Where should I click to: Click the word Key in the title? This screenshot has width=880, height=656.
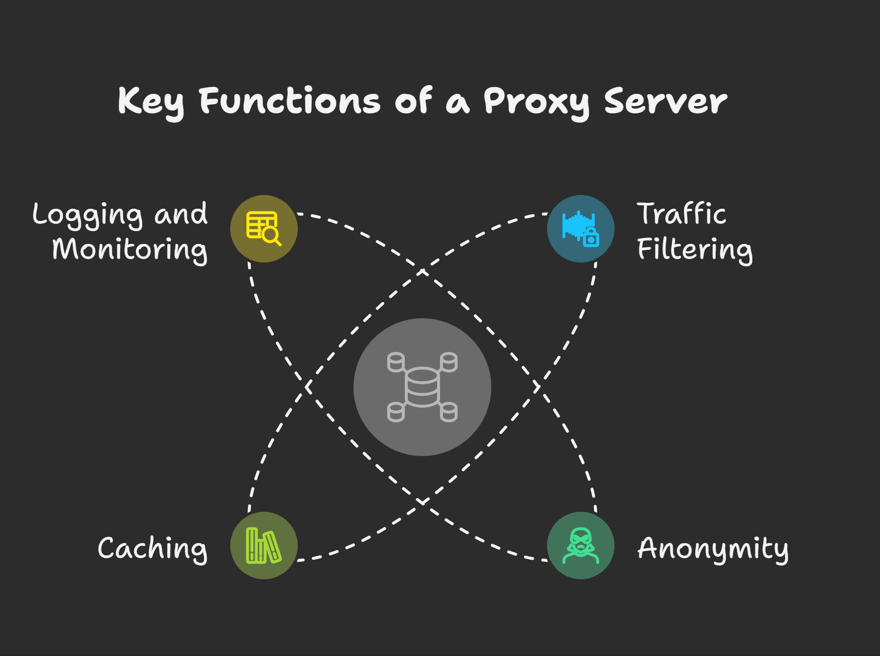coord(151,102)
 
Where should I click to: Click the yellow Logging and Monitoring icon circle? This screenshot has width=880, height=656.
coord(264,229)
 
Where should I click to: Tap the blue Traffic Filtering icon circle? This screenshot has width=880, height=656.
coord(580,229)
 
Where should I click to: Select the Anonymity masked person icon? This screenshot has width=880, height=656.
coord(580,546)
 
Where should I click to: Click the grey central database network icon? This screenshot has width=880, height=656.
coord(422,387)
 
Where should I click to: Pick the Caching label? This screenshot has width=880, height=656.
coord(153,548)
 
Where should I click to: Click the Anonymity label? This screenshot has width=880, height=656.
coord(713,548)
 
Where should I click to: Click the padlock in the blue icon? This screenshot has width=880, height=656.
coord(591,238)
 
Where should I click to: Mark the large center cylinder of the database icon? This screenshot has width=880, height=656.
coord(422,387)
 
